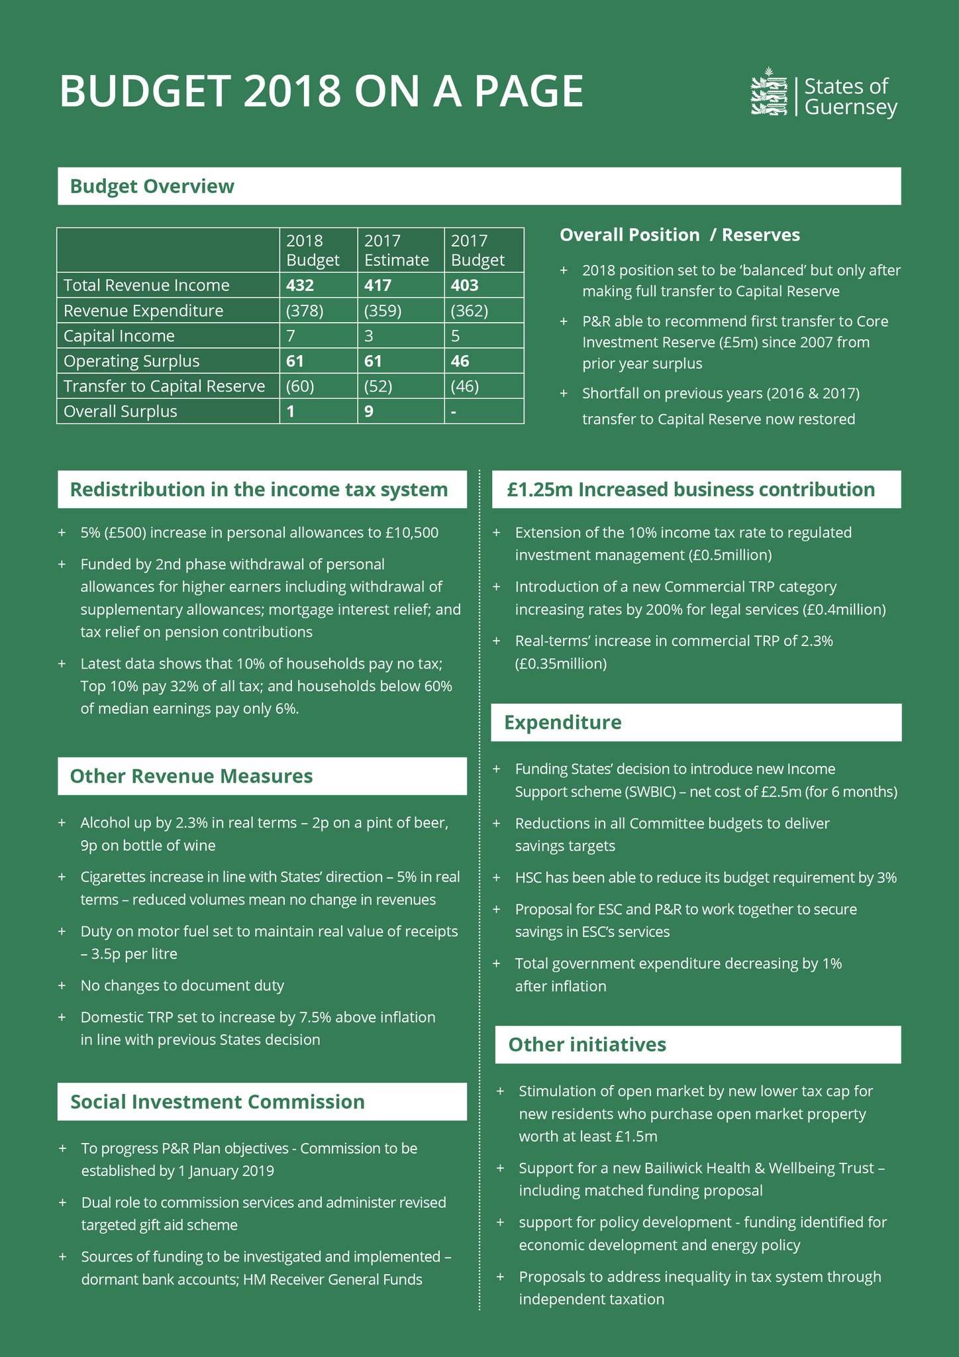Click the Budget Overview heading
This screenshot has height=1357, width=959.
[x=152, y=186]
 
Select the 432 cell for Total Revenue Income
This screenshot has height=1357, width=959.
[x=300, y=286]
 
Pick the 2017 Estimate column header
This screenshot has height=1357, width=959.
[x=397, y=250]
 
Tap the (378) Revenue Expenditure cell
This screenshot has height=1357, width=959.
[x=305, y=311]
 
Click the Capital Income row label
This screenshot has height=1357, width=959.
[x=119, y=336]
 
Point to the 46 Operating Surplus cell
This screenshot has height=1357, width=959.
[x=460, y=361]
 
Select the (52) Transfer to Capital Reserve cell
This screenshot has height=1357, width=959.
[x=379, y=386]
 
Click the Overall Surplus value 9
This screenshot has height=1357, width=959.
[x=369, y=411]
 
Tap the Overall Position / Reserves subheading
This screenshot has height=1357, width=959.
[x=680, y=235]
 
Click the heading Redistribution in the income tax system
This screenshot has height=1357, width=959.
[x=259, y=490]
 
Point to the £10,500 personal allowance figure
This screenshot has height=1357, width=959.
[x=412, y=533]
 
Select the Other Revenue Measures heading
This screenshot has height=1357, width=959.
[x=191, y=776]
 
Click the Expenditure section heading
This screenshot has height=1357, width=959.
[x=563, y=722]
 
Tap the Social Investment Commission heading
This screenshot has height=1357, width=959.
[x=217, y=1101]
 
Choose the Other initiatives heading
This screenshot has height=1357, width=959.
[x=587, y=1044]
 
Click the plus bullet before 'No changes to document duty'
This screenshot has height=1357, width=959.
[x=62, y=985]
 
